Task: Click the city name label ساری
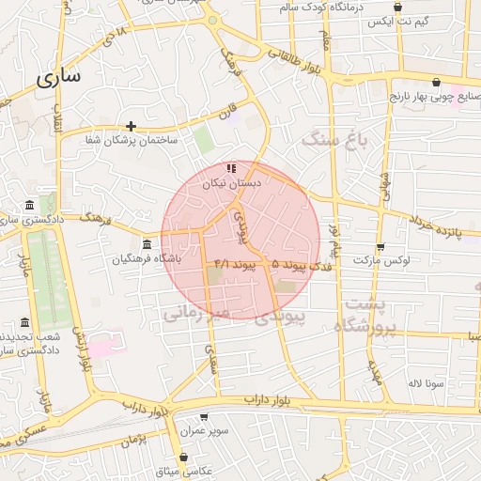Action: click(x=59, y=78)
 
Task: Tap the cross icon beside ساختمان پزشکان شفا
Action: click(x=131, y=126)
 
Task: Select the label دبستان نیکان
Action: click(x=228, y=185)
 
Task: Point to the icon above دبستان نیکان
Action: click(x=230, y=169)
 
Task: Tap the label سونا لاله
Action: click(x=426, y=383)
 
